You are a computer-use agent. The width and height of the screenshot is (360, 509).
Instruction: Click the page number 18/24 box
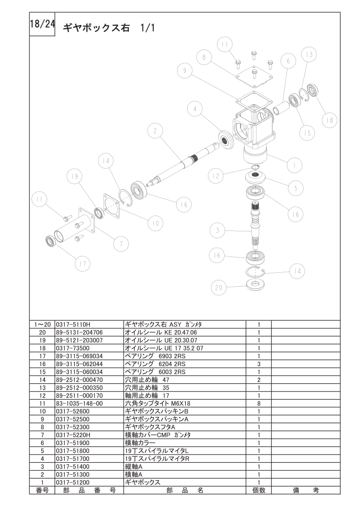click(x=42, y=24)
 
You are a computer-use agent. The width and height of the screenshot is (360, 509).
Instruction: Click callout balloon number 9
click(x=185, y=71)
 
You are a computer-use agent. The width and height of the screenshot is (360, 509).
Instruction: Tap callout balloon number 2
click(x=155, y=131)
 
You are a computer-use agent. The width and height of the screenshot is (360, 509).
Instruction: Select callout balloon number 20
click(x=219, y=288)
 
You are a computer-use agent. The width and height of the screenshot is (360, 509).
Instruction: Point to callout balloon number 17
click(x=83, y=264)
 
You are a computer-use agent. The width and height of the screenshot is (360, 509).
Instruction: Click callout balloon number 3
click(x=217, y=230)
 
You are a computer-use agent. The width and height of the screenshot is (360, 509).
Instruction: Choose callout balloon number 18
click(x=330, y=120)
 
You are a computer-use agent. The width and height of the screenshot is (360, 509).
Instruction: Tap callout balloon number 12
click(x=216, y=176)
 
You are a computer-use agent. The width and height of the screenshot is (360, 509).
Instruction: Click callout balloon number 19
click(x=74, y=176)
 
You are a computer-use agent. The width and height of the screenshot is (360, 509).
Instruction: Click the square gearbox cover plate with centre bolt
click(x=254, y=76)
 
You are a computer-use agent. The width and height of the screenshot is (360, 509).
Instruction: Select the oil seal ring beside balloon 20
click(x=256, y=285)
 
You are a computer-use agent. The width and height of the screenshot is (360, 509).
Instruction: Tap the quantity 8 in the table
click(x=259, y=403)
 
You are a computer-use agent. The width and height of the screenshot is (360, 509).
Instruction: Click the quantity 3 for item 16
click(x=259, y=364)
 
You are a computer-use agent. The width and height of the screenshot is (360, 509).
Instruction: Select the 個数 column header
click(x=259, y=490)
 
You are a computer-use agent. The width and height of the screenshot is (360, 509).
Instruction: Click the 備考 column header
click(x=306, y=490)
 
